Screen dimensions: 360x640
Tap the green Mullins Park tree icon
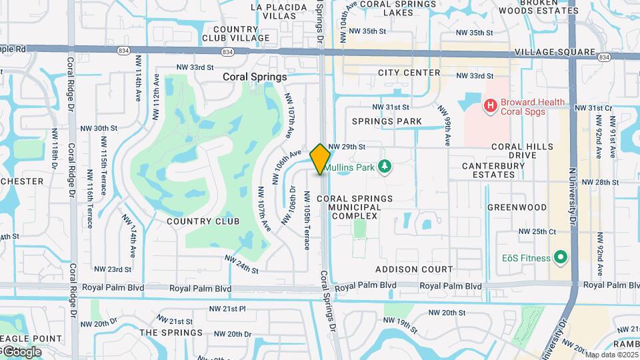[x=383, y=165]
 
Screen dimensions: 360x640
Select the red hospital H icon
[x=491, y=105]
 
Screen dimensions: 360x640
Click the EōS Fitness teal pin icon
[x=561, y=257]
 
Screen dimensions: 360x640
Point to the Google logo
[x=22, y=351]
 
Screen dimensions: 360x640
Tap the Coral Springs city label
[x=255, y=77]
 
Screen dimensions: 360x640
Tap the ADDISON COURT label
[x=414, y=270]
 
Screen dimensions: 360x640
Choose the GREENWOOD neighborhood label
[x=517, y=207]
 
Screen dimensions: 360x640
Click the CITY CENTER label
[x=409, y=73]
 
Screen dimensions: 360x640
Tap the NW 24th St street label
[x=241, y=265]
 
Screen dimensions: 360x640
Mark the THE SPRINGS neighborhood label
[x=171, y=333]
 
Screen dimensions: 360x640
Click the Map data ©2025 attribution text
[x=612, y=355]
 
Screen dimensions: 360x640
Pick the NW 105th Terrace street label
[x=307, y=221]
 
